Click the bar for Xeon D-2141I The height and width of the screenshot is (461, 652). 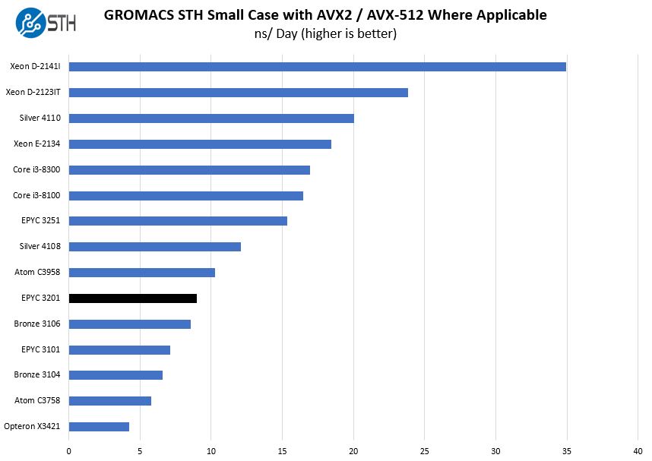click(317, 67)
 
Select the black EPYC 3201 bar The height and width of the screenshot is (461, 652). click(132, 298)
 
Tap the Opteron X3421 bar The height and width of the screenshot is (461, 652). click(99, 427)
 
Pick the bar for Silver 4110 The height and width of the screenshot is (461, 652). click(211, 118)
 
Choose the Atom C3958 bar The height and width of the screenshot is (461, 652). click(141, 273)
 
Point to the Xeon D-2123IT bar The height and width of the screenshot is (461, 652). click(238, 93)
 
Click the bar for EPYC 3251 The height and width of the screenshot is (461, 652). click(178, 221)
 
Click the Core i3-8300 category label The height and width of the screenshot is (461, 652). click(36, 169)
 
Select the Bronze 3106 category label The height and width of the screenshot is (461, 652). click(37, 324)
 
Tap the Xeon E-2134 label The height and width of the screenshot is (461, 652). click(37, 144)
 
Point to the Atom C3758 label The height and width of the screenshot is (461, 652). click(37, 400)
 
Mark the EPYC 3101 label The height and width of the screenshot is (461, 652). click(41, 349)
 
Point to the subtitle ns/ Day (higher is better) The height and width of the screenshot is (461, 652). click(325, 34)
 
